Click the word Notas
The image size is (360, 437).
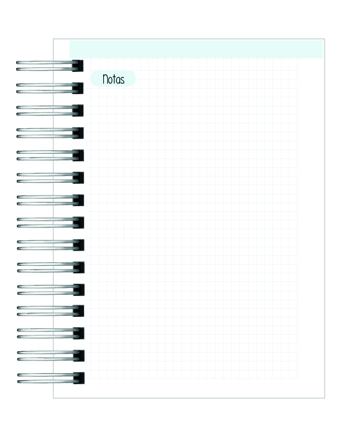(x=113, y=79)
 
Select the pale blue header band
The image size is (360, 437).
(x=196, y=49)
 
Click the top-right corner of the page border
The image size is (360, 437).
(x=325, y=39)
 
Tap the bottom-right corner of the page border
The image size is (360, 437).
(x=325, y=398)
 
